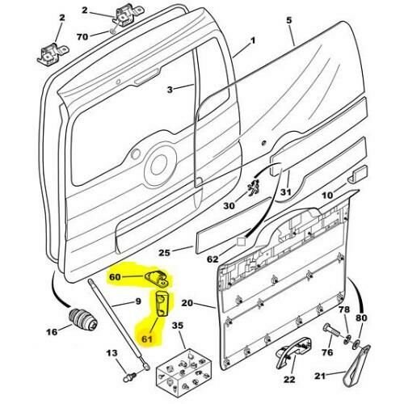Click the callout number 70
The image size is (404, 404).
click(82, 36)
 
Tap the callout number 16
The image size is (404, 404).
click(52, 332)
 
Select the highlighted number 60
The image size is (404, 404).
click(115, 276)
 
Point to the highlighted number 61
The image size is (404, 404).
click(147, 339)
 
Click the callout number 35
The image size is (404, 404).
click(178, 326)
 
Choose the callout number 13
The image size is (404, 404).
click(112, 353)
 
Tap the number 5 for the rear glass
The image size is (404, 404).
click(289, 20)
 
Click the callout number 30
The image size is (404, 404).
click(229, 206)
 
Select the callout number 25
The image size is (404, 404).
click(165, 253)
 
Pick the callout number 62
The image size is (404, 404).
click(213, 259)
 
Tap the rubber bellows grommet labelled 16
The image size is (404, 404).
click(83, 321)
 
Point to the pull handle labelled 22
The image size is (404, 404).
click(293, 352)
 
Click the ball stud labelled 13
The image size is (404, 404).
click(130, 377)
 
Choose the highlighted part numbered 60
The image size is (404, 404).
click(158, 279)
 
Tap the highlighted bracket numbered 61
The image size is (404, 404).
click(162, 304)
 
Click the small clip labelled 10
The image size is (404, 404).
click(357, 175)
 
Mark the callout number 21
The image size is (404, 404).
click(320, 376)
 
